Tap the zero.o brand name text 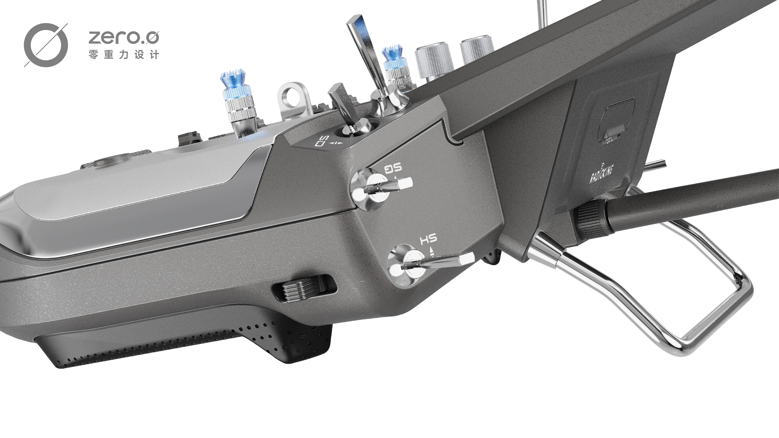click(x=123, y=37)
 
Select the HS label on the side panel click(x=428, y=239)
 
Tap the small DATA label click(x=609, y=141)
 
